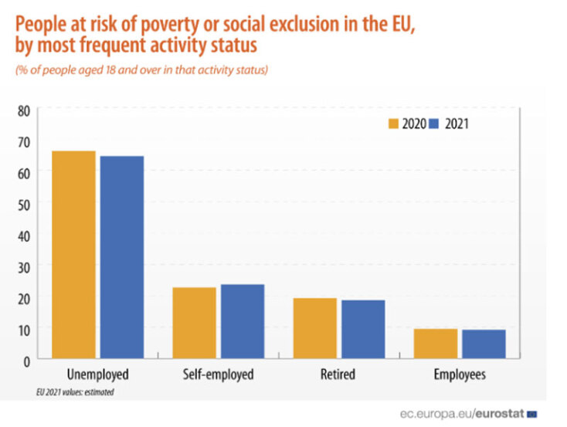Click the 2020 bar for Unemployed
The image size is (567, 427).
pos(73,254)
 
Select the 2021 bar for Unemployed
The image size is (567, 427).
pos(121,256)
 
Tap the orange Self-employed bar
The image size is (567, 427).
pos(194,322)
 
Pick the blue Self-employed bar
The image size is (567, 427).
pos(242,320)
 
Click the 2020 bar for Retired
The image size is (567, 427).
pos(314,327)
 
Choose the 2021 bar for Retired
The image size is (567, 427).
pos(362,328)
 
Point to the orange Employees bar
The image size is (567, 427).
pos(436,343)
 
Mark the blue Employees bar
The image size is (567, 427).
pos(484,344)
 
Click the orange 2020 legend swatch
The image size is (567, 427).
pos(393,124)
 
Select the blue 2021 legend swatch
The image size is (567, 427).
pos(434,124)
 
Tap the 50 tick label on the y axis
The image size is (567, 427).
pos(23,204)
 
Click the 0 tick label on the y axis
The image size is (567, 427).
pos(26,360)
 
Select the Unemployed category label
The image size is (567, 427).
pos(97,375)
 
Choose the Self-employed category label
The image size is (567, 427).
pos(218,375)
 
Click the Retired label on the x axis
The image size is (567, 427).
pos(338,375)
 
